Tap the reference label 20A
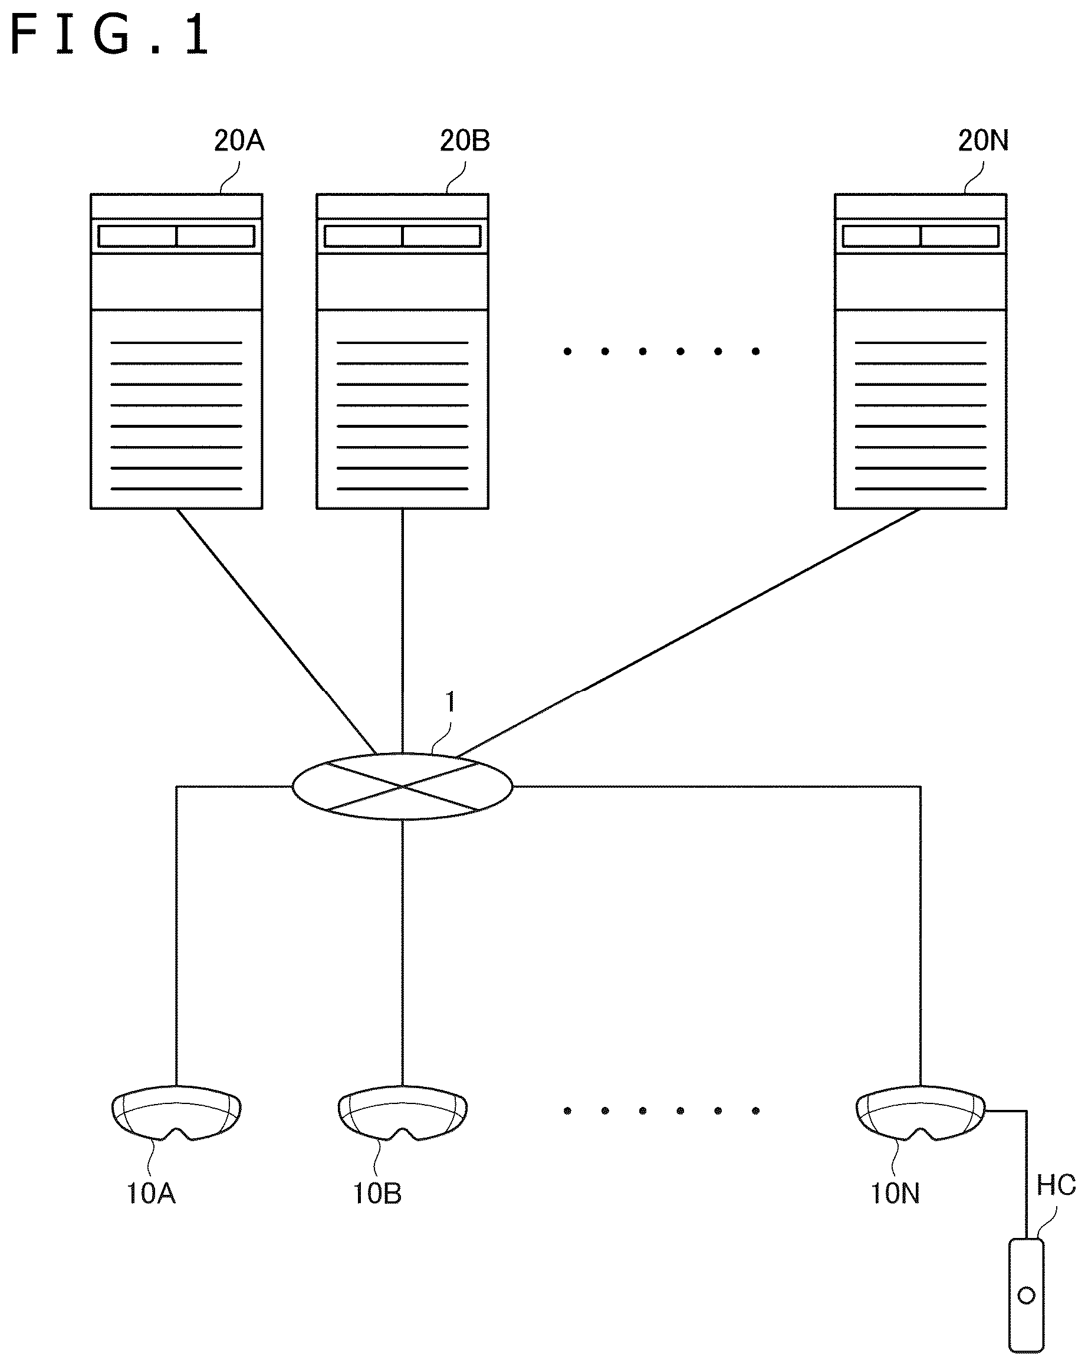[239, 140]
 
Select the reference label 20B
[465, 140]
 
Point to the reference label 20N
[983, 140]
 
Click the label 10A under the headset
[152, 1194]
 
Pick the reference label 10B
[377, 1194]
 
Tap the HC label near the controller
[1056, 1185]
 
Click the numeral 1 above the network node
[451, 702]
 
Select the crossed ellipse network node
[402, 787]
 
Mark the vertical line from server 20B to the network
[402, 631]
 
